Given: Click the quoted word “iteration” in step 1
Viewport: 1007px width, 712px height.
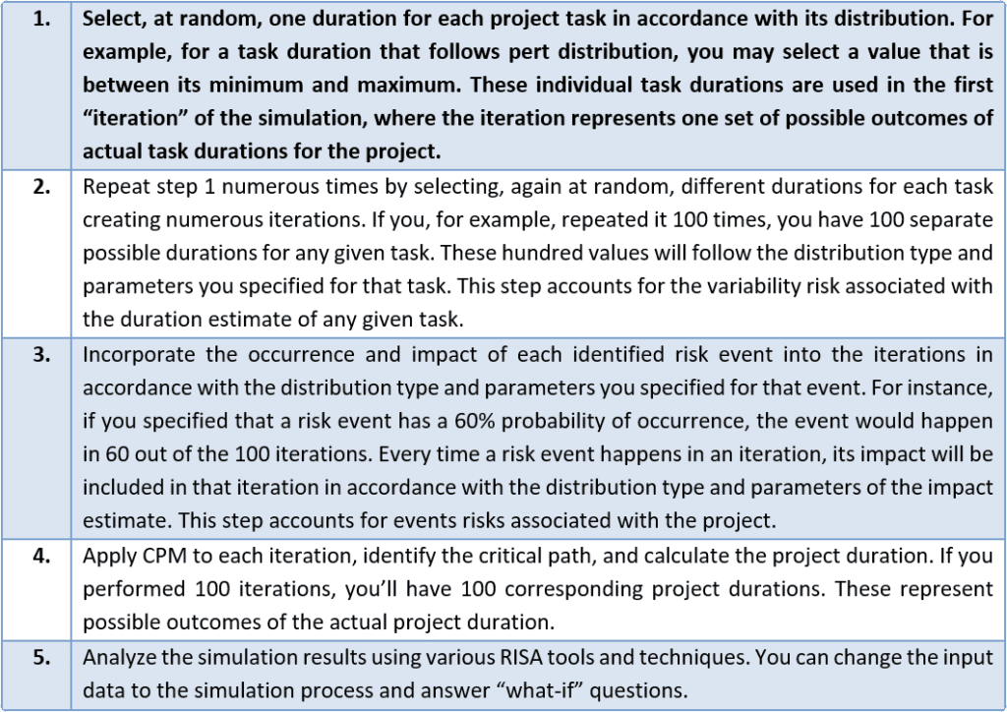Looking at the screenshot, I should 129,119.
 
